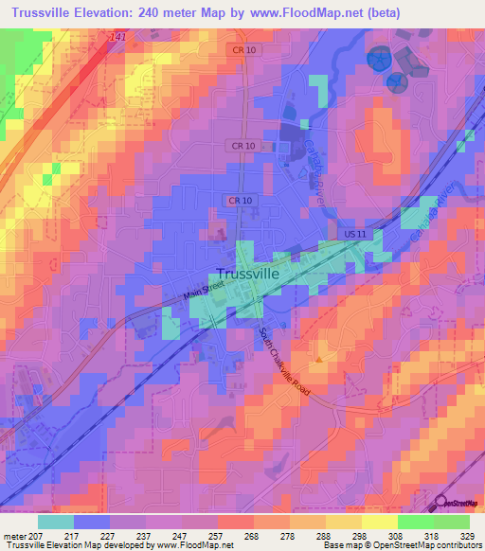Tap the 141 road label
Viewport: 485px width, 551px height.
pos(117,36)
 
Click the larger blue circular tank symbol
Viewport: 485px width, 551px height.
pos(379,60)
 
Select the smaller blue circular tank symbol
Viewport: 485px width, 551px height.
pos(397,82)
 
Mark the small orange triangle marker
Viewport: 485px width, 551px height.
pos(319,359)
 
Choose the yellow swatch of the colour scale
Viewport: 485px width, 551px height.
pos(379,522)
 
